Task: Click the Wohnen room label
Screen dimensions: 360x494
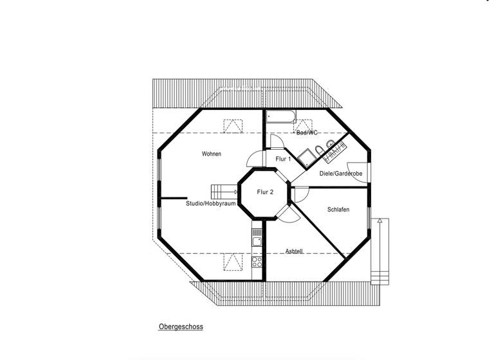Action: tap(211, 154)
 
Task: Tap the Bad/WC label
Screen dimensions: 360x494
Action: tap(307, 133)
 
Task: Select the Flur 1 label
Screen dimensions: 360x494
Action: tap(283, 158)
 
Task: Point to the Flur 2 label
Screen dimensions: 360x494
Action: tap(265, 192)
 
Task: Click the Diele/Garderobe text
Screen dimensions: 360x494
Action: tap(340, 174)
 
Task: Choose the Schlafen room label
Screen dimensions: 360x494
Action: tap(338, 210)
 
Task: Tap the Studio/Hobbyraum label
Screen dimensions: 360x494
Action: tap(210, 204)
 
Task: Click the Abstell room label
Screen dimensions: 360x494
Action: tap(294, 251)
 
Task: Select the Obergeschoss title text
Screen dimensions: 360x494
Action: tap(181, 327)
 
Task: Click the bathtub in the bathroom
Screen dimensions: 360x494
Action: tap(281, 117)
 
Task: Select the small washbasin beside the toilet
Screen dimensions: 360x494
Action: tap(320, 152)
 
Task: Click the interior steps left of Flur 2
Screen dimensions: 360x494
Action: tap(224, 191)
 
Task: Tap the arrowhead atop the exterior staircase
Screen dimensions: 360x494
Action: tap(380, 221)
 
